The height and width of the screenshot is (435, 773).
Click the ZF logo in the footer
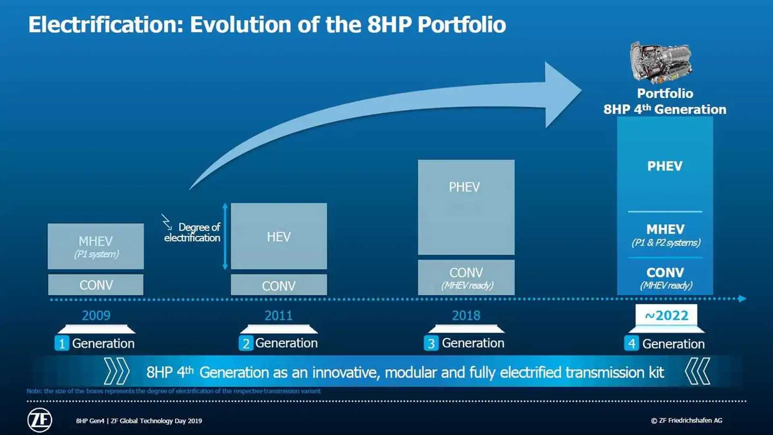[x=40, y=420]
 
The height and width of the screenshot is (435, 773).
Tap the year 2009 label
[x=96, y=315]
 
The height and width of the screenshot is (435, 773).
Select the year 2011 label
[x=279, y=315]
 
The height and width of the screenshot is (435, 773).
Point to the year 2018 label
[x=466, y=315]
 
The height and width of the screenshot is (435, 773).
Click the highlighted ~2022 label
[x=666, y=315]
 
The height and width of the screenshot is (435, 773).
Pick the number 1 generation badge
[x=62, y=344]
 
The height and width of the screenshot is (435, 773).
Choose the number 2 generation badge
[x=246, y=343]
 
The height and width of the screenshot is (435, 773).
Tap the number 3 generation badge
[x=431, y=343]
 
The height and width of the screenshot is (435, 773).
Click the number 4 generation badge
[x=631, y=344]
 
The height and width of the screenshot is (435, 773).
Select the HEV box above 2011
[x=279, y=236]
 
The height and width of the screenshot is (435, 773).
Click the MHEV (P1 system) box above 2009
[x=96, y=246]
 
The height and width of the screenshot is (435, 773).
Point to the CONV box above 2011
[x=279, y=285]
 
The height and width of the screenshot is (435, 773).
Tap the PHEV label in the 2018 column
[x=464, y=187]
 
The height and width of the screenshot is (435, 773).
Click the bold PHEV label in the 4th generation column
[x=665, y=166]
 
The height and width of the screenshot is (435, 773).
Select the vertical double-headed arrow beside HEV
[x=225, y=236]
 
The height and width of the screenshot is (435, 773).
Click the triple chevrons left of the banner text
[x=117, y=371]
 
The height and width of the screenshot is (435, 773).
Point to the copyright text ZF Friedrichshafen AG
[x=686, y=420]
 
